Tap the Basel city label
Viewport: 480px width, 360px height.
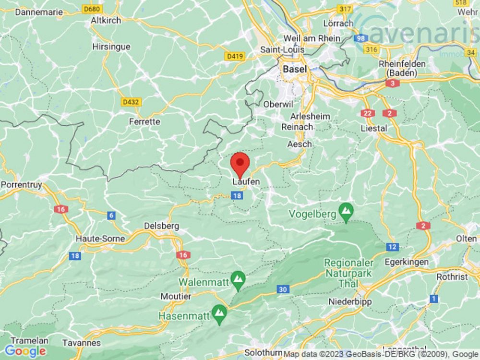point(294,69)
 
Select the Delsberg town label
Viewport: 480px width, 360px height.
point(162,226)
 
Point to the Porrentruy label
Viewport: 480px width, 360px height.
point(23,184)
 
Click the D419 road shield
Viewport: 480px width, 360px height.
point(235,57)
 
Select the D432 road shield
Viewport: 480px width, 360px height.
point(131,102)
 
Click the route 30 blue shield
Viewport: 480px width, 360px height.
point(282,289)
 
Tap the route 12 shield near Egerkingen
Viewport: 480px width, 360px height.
point(392,247)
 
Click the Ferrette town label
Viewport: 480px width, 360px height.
point(144,121)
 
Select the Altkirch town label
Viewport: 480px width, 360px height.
point(106,21)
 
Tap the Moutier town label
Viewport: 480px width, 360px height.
point(176,297)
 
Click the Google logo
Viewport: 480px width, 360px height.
point(25,351)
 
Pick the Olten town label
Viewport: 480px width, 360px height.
point(467,239)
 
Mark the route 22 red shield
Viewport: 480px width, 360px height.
point(368,113)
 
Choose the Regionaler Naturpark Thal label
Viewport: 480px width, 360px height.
point(349,273)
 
